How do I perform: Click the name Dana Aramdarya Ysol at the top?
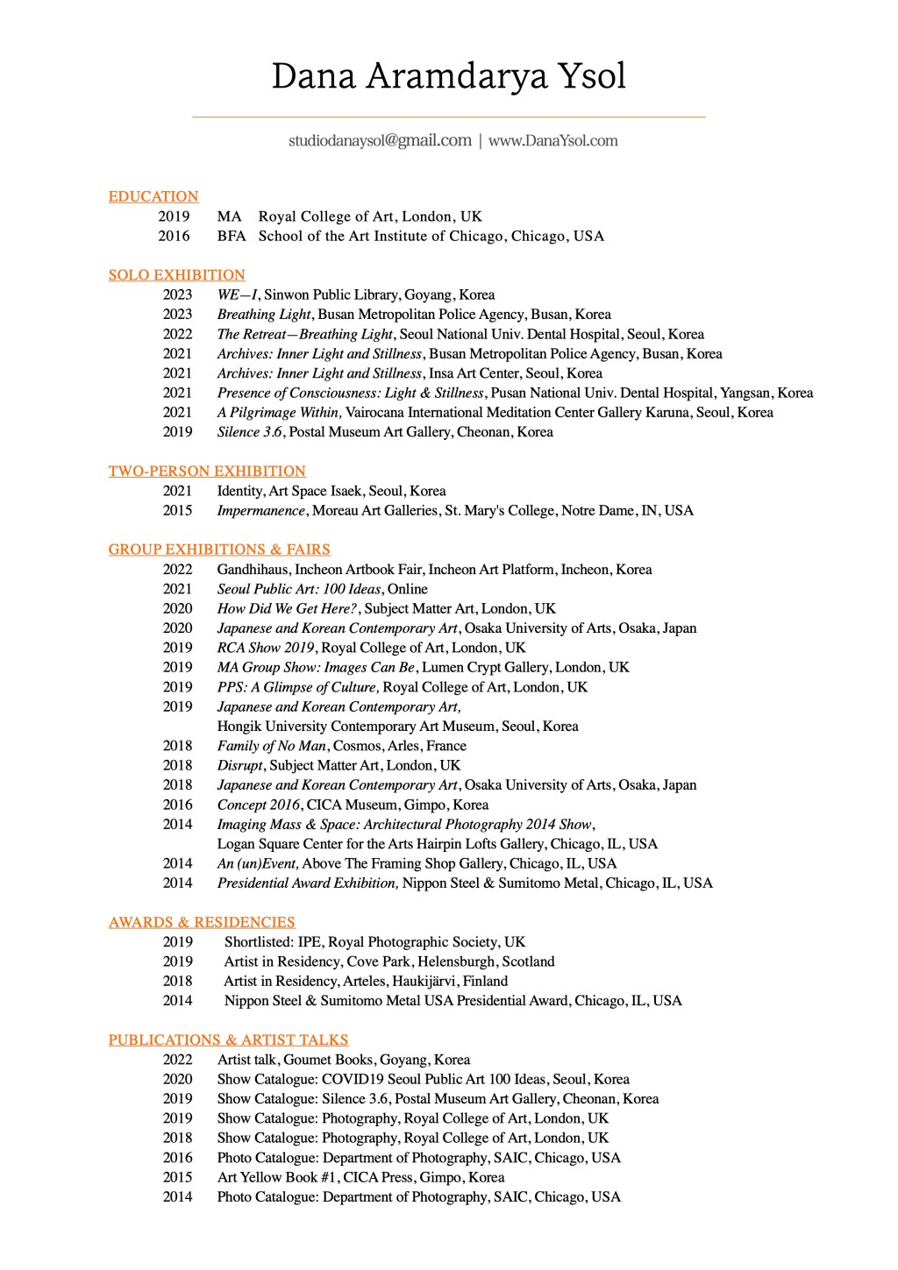tap(448, 77)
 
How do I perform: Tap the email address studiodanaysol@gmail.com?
tap(380, 140)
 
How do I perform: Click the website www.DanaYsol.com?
tap(552, 140)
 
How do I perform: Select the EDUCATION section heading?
tap(153, 196)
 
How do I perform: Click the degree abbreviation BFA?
tap(232, 236)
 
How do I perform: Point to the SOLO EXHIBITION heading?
tap(176, 275)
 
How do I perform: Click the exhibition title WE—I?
tap(237, 294)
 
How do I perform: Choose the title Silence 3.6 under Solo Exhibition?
tap(250, 432)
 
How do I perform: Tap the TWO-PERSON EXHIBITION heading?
tap(207, 472)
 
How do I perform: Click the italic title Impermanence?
tap(261, 511)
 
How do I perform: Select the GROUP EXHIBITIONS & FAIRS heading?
tap(219, 550)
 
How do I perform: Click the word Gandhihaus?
tap(253, 570)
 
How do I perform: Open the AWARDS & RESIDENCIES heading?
tap(202, 922)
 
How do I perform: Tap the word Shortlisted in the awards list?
tap(259, 942)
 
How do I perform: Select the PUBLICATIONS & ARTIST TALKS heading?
tap(228, 1040)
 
